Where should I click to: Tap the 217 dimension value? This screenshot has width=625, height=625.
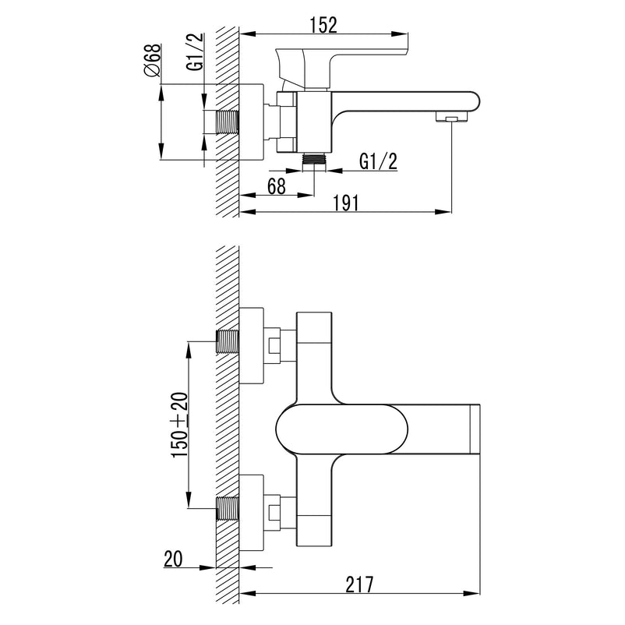coord(359,584)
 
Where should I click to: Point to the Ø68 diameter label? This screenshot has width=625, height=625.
coord(153,60)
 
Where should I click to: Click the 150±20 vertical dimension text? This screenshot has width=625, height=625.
coord(180,425)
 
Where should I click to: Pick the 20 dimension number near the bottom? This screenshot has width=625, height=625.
coord(174,559)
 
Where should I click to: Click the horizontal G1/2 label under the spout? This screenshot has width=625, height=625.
coord(379,161)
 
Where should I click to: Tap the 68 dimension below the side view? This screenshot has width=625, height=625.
coord(276,186)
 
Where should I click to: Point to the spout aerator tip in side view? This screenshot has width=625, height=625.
coord(450,118)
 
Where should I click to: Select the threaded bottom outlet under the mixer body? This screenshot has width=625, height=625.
coord(313,157)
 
